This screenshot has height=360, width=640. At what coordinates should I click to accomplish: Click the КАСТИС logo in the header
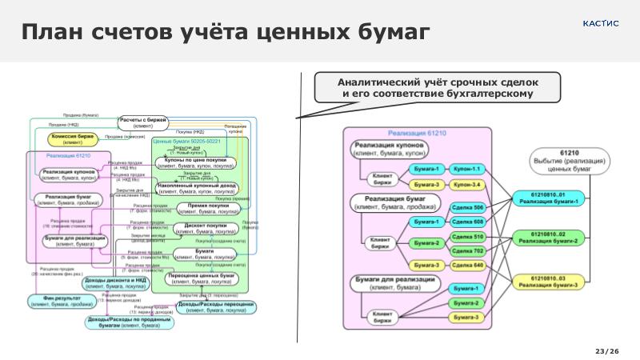[x=601, y=22]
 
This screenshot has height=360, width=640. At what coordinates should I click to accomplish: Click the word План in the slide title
[x=55, y=33]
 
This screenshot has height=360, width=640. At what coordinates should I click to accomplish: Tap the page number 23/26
[x=607, y=351]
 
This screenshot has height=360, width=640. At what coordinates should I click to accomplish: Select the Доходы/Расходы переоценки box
[x=216, y=307]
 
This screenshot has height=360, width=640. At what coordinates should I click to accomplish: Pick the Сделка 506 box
[x=467, y=208]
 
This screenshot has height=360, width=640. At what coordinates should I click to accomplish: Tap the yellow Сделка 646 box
[x=467, y=265]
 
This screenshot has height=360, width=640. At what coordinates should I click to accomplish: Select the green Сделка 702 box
[x=467, y=251]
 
